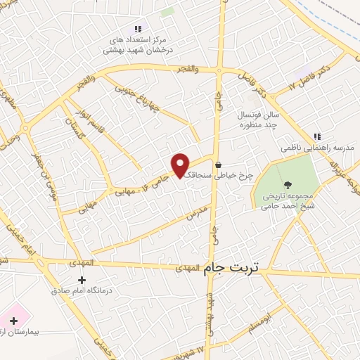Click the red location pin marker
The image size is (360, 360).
181,165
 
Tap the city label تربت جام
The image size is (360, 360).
231,267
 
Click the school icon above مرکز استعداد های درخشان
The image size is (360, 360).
138,29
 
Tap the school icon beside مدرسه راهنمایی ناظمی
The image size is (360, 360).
317,136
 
